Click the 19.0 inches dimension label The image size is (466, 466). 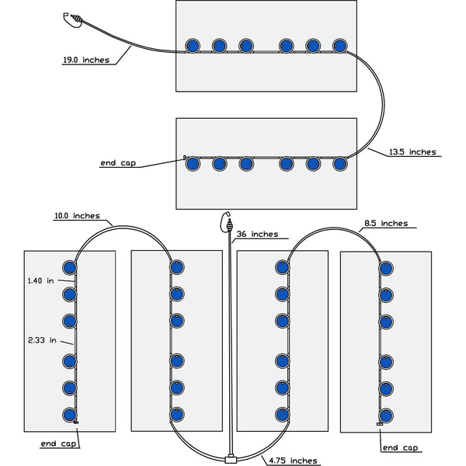86,59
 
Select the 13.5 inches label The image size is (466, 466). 412,152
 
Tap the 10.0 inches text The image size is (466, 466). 76,216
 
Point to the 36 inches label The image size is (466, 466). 257,234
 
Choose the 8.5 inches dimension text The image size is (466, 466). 385,224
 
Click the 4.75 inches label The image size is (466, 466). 293,461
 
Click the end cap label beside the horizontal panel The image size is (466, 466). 119,163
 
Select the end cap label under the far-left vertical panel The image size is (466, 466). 59,444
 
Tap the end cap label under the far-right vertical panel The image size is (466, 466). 401,447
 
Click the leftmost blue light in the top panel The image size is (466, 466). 191,45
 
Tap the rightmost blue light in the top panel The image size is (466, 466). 339,45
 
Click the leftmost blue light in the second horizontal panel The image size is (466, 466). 191,163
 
